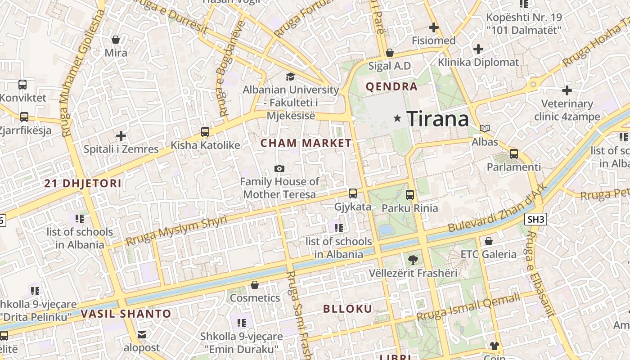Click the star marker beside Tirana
tap(397, 118)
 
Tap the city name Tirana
tap(438, 119)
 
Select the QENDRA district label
tap(391, 87)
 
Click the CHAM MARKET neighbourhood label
tap(306, 144)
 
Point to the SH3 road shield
tap(535, 219)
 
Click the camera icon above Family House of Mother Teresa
tap(279, 169)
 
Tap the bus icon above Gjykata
tap(353, 193)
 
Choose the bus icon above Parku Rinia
tap(409, 195)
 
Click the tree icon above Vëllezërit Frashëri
tap(413, 260)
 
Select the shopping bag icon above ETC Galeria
tap(489, 241)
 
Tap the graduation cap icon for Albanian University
tap(290, 77)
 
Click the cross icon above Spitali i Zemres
tap(121, 135)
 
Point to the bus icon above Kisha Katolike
tap(205, 132)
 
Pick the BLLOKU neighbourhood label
tap(348, 309)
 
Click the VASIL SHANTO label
tap(126, 314)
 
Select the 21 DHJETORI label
tap(83, 184)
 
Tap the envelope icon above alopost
tap(142, 335)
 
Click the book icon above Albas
tap(485, 129)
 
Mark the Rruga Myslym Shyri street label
tap(176, 229)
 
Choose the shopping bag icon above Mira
tap(116, 40)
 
